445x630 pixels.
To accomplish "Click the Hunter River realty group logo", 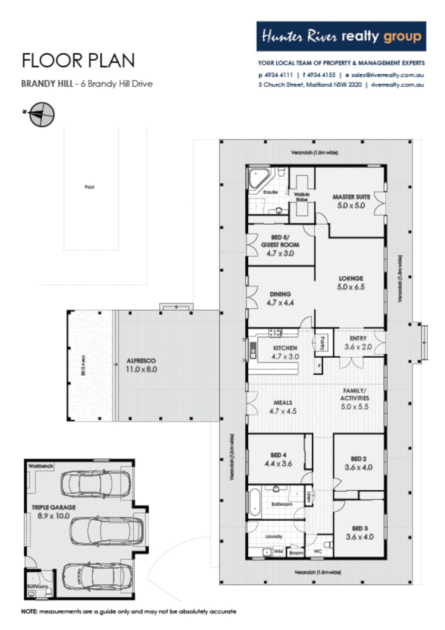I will pos(341,37).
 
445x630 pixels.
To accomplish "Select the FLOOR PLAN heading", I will pos(78,60).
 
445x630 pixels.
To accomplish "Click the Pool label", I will pos(90,187).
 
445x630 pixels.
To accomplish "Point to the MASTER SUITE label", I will pos(348,201).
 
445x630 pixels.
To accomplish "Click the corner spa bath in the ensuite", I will pos(259,179).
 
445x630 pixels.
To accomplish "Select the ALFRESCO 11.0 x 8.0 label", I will pos(141,364).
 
